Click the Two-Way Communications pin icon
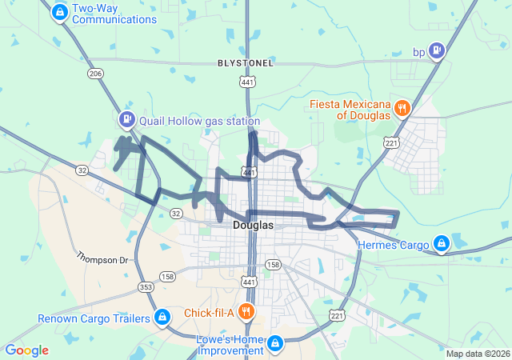(x=59, y=12)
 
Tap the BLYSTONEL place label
(x=246, y=62)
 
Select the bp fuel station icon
(x=437, y=52)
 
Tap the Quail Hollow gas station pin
(x=126, y=121)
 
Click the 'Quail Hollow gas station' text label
(x=199, y=121)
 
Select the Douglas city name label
(x=253, y=226)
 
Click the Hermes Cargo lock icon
(x=440, y=242)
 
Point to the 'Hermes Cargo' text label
(x=394, y=245)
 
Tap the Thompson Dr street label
(x=102, y=259)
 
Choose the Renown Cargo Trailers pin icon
(x=162, y=318)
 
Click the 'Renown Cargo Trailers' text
(x=94, y=319)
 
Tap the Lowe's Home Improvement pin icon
(x=274, y=343)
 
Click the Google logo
(x=27, y=350)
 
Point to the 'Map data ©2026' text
(x=478, y=354)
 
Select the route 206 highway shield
(x=96, y=74)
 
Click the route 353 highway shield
(x=146, y=286)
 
